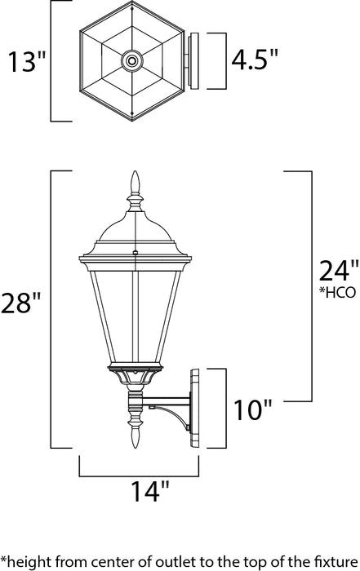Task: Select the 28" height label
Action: click(x=23, y=304)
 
